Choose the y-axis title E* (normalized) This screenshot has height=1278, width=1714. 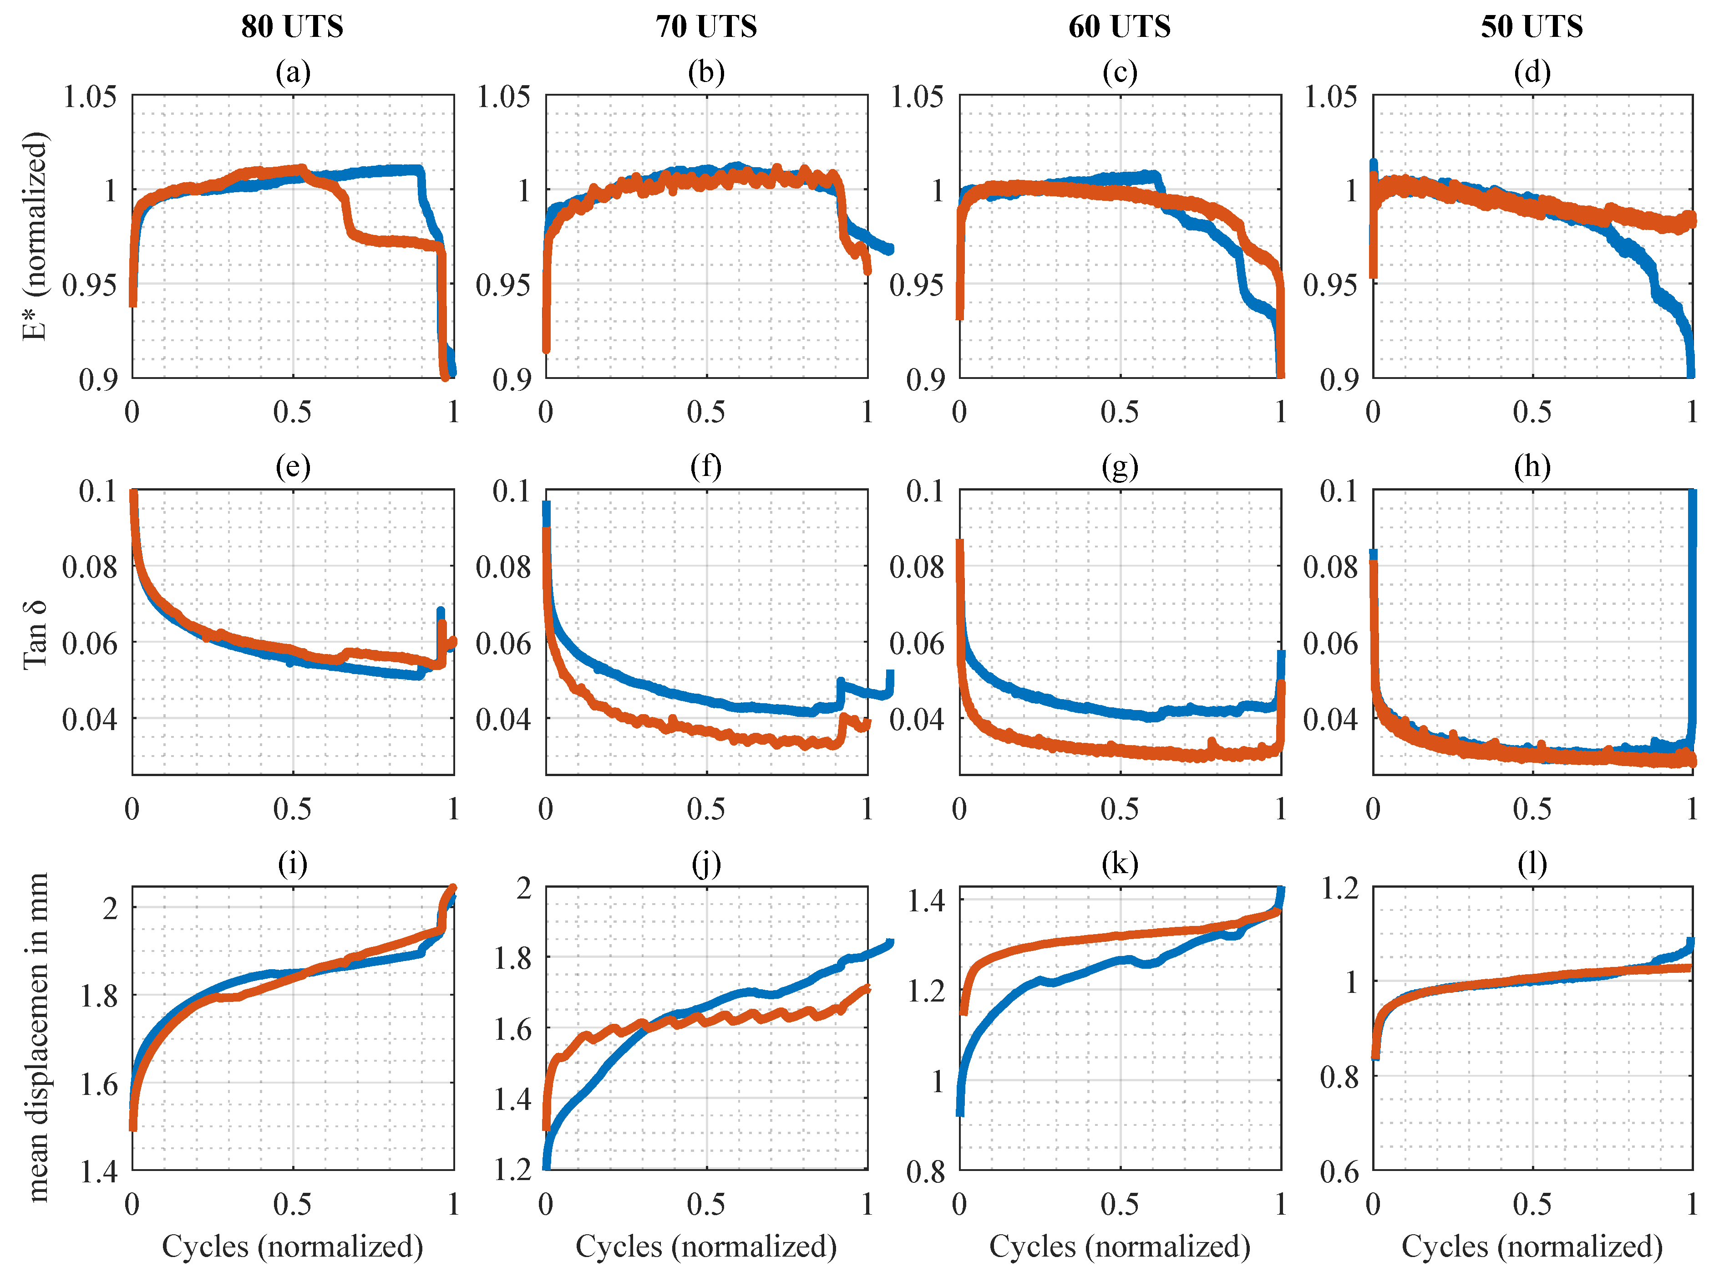click(35, 236)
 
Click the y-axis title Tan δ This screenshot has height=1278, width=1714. click(35, 634)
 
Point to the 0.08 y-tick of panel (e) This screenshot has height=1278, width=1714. click(91, 567)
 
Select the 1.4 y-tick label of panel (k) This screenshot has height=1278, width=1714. click(925, 900)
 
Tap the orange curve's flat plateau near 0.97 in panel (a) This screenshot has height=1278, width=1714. click(394, 242)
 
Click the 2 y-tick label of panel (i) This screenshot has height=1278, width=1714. click(110, 908)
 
